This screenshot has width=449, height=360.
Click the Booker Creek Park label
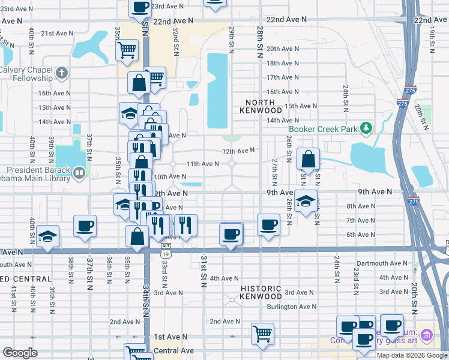(323, 128)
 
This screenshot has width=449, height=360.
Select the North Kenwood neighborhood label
(261, 106)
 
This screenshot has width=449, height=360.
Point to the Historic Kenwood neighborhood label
(261, 292)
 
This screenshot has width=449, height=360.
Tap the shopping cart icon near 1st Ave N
(262, 334)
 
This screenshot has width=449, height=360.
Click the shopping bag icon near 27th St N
(308, 160)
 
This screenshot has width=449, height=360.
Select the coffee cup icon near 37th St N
(85, 226)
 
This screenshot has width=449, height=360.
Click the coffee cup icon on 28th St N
(268, 225)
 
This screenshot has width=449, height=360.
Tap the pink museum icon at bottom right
(427, 334)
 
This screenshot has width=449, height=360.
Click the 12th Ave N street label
(238, 151)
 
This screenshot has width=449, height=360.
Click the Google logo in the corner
(20, 352)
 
